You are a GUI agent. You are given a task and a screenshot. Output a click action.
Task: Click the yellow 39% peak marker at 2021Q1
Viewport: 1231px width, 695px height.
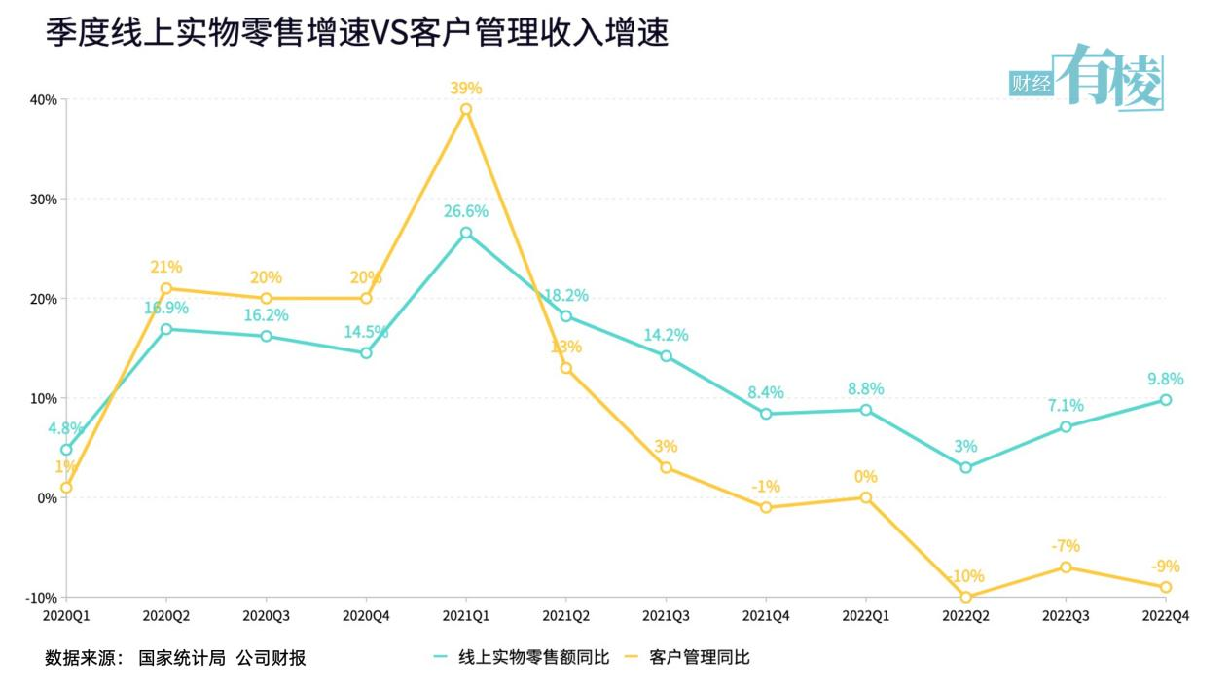pos(466,109)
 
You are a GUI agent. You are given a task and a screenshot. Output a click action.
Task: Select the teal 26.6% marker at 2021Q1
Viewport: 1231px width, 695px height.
pos(466,233)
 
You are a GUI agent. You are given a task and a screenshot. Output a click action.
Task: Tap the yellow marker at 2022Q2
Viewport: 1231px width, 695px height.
pos(965,597)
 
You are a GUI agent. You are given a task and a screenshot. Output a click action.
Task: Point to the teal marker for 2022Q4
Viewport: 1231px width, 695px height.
pos(1165,400)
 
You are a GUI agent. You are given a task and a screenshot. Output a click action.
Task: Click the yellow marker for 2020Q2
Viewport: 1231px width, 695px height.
pos(166,288)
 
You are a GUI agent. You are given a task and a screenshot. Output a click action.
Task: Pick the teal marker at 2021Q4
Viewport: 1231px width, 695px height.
pos(766,414)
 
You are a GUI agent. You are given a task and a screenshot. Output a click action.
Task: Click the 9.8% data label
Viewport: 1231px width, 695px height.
pos(1164,380)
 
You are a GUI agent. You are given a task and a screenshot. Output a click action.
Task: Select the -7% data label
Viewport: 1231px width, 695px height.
pos(1065,546)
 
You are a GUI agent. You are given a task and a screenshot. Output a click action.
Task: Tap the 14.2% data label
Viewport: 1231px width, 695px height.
pos(666,335)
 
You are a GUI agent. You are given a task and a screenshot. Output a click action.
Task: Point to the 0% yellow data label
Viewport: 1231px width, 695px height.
pos(866,476)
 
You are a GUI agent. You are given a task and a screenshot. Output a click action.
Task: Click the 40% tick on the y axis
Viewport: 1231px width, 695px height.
pos(44,99)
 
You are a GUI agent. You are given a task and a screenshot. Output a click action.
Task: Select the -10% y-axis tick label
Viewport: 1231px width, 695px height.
pos(42,597)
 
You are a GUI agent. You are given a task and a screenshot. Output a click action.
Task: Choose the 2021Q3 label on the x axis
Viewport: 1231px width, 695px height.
pos(666,616)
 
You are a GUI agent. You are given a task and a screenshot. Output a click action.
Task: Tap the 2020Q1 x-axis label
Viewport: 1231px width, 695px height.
pos(67,616)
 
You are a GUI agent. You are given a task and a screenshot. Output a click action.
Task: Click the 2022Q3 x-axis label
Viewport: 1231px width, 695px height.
pos(1065,616)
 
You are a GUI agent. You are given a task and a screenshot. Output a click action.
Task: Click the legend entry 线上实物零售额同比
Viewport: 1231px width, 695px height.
pos(522,658)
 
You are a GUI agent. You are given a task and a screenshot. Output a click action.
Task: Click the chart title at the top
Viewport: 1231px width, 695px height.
pos(357,33)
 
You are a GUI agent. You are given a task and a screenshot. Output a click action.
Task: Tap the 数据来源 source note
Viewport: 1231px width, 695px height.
pos(175,658)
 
